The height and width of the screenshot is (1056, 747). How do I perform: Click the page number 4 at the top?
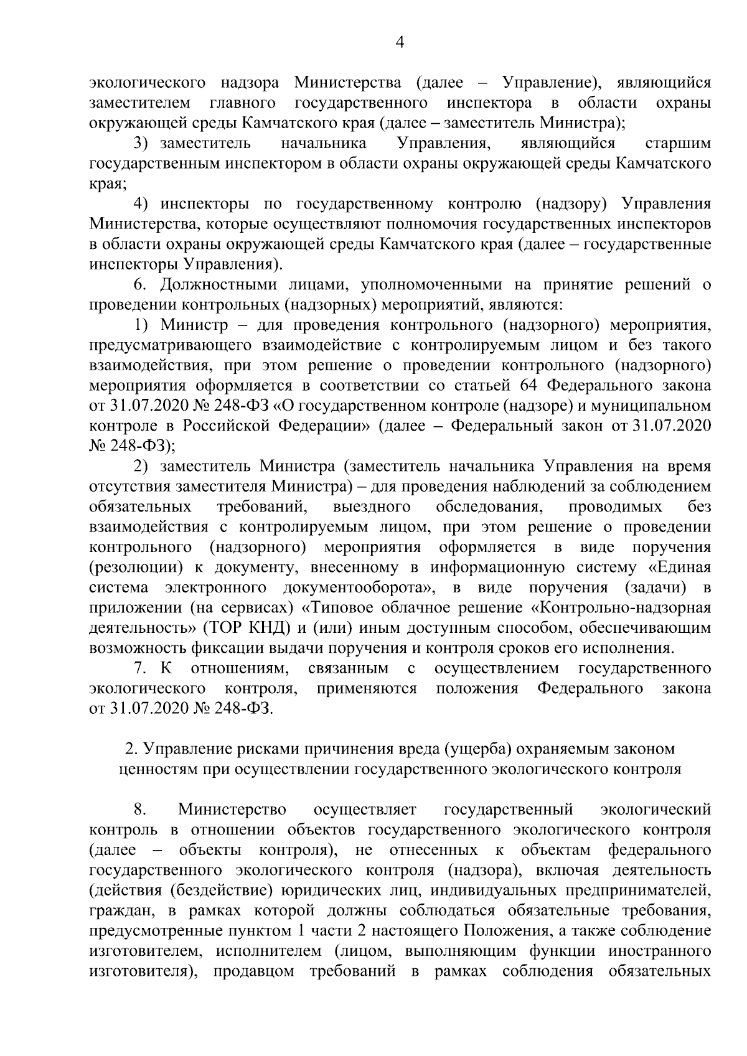[400, 43]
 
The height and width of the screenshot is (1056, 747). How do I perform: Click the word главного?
[244, 101]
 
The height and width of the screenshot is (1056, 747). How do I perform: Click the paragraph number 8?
[139, 810]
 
